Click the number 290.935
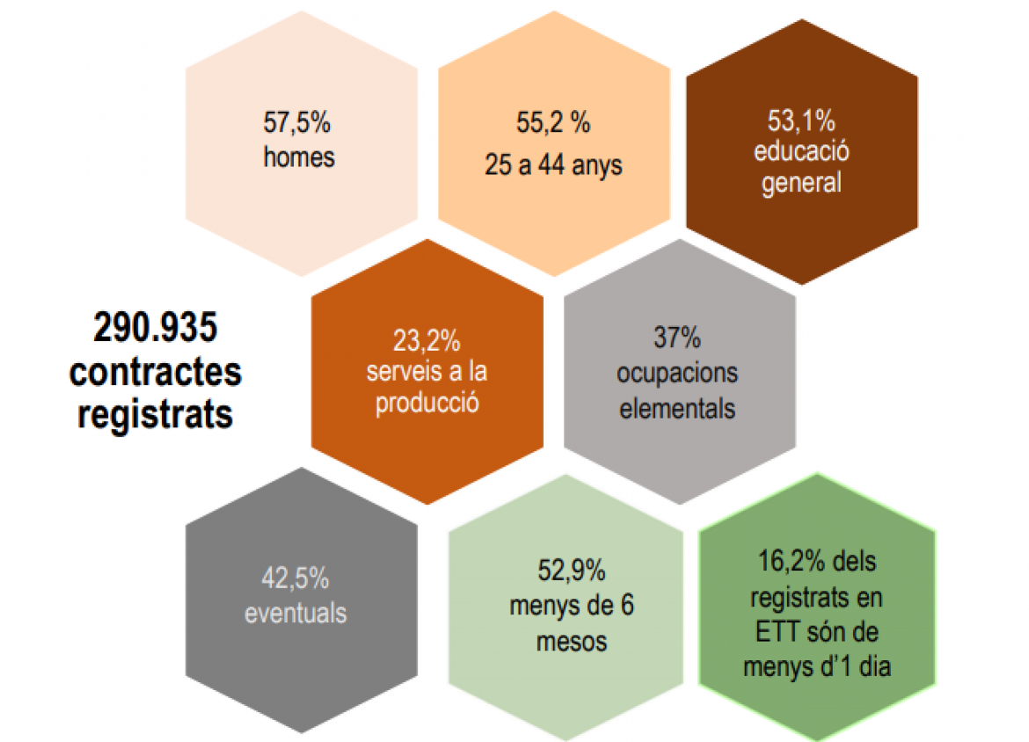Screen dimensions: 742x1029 [156, 329]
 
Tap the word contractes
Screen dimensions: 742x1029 [156, 371]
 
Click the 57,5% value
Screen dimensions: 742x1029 [297, 123]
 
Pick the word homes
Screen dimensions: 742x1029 [299, 158]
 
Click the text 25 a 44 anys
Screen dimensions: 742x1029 [553, 164]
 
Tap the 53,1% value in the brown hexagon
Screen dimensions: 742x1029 [801, 120]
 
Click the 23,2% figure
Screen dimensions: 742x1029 [427, 339]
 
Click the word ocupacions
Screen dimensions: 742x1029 [677, 373]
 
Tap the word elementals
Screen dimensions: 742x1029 [677, 408]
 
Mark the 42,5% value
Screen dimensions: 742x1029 [296, 578]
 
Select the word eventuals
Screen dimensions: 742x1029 [296, 612]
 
